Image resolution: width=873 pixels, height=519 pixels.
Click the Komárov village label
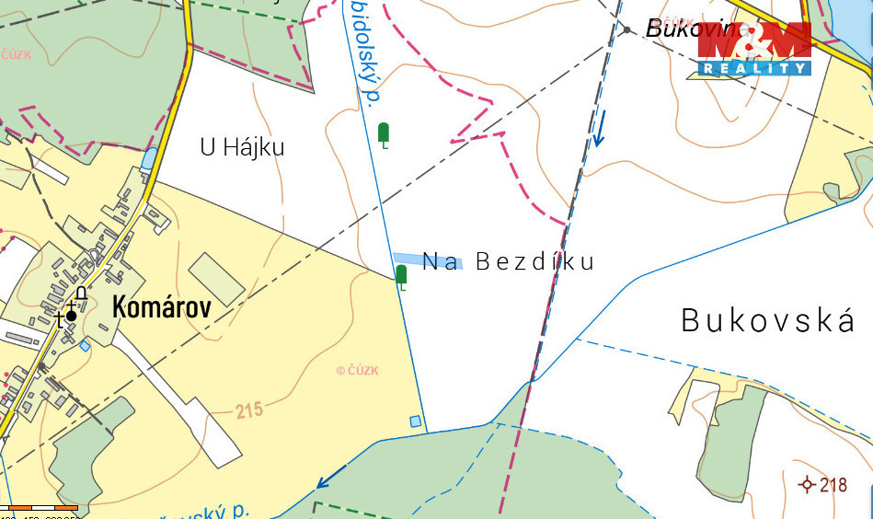point(161,307)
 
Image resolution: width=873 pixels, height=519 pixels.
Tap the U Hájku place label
point(242,147)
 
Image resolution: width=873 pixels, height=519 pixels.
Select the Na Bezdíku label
point(508,262)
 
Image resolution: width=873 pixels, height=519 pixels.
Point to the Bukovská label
point(768,321)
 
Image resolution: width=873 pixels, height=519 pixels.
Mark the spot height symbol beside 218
point(808,484)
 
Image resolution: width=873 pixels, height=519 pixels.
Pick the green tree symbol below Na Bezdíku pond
point(401,275)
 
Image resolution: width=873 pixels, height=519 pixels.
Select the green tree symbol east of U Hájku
point(384,134)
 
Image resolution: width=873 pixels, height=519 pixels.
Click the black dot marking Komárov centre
point(71,316)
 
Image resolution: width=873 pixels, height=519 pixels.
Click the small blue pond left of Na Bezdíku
point(425,260)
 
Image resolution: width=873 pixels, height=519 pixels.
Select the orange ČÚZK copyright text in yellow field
point(357,371)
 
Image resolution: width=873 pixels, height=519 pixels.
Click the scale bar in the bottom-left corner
point(39,507)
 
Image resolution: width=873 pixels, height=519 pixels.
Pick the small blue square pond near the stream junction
point(416,421)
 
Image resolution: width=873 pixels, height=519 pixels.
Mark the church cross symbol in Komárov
point(61,319)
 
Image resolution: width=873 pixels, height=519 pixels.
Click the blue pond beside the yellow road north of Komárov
point(148,158)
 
